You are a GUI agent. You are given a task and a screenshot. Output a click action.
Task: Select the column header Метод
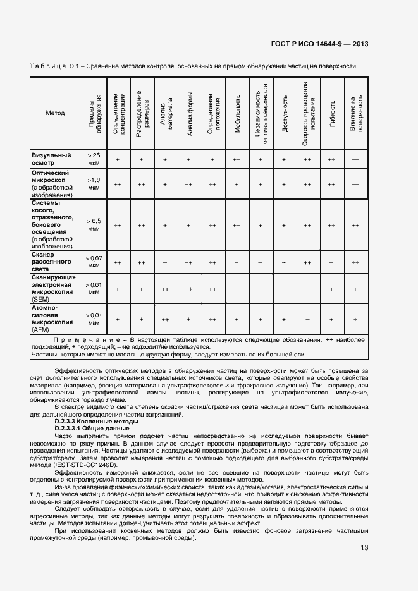55,113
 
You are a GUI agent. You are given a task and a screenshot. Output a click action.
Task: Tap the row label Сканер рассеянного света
51,262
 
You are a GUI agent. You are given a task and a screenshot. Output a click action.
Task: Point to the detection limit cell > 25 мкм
94,159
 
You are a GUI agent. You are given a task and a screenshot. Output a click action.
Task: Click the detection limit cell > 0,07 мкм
94,262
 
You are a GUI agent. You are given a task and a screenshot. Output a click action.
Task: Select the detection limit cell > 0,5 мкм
94,224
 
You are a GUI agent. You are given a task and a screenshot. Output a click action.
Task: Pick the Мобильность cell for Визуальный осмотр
237,160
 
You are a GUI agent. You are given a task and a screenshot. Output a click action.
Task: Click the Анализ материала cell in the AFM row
164,320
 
